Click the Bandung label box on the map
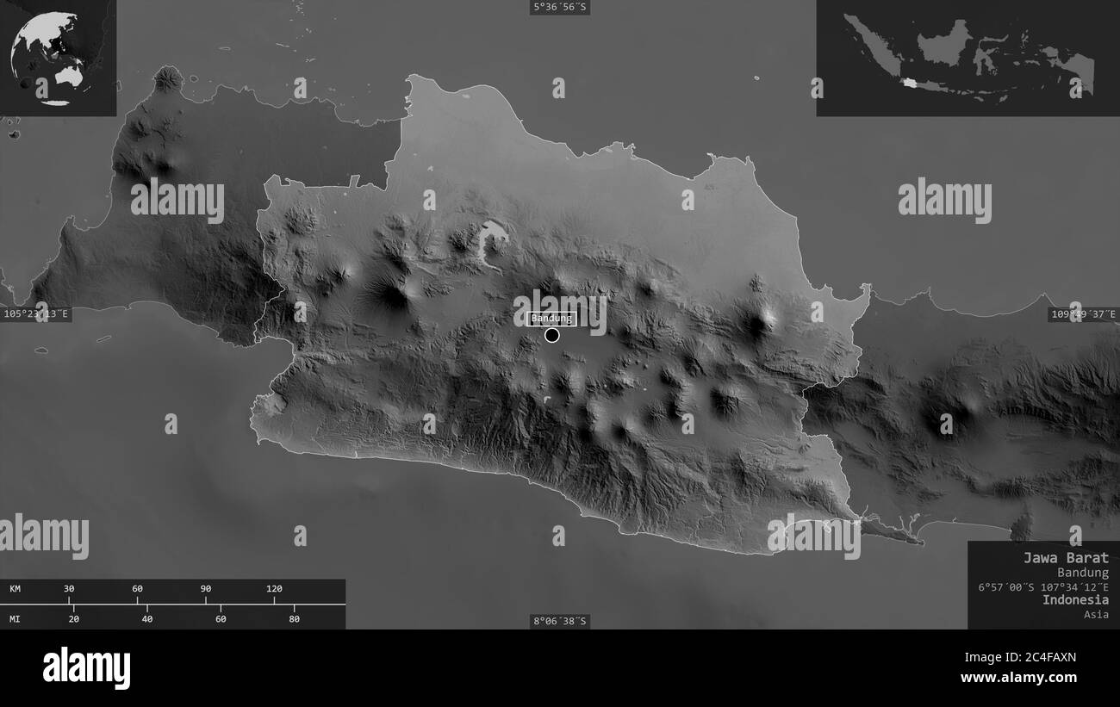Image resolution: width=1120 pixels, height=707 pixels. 551,319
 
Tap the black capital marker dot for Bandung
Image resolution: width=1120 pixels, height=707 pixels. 552,335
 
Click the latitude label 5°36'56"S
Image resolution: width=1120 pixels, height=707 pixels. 560,8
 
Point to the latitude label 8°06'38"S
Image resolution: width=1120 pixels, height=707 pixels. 560,621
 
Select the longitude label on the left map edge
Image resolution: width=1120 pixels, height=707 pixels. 36,314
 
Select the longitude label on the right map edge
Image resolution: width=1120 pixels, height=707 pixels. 1083,314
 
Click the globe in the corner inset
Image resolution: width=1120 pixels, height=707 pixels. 45,58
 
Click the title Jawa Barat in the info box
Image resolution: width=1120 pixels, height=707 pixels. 1066,557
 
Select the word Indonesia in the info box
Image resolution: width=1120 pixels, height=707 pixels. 1075,599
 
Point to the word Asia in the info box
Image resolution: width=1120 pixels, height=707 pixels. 1096,614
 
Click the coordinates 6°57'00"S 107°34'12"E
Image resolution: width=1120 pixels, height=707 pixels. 1043,586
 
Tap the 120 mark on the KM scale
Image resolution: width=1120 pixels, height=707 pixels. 274,589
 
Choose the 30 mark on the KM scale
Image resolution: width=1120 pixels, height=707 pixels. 69,589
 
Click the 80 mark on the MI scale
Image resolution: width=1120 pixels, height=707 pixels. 294,618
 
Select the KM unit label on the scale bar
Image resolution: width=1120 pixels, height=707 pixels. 16,589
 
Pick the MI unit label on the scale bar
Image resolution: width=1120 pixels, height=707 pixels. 16,618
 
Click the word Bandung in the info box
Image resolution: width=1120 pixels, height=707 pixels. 1083,573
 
